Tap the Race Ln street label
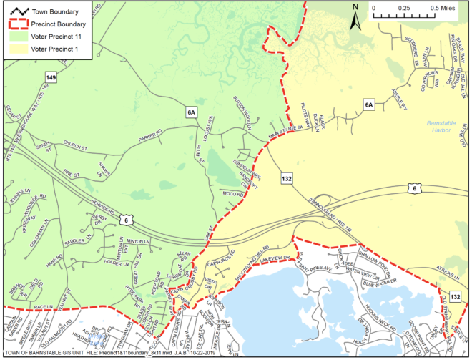click(x=44, y=305)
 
